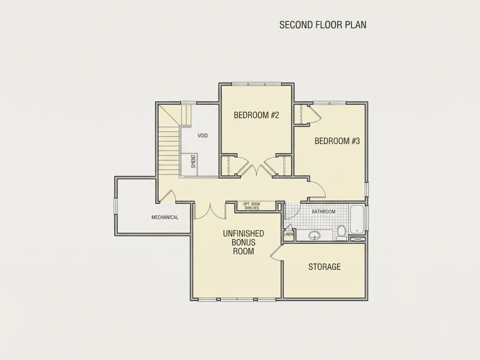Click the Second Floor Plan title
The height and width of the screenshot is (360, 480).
pos(322,25)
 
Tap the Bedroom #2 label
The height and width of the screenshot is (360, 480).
pos(257,115)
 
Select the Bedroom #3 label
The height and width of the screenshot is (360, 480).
pos(337,141)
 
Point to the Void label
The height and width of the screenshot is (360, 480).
pos(202,135)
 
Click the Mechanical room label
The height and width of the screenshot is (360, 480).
pos(165,217)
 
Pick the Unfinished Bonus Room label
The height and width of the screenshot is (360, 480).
pos(243,243)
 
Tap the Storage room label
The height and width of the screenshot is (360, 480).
pos(325,267)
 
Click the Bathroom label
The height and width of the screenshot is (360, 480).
pos(323,212)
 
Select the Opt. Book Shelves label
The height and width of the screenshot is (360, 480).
pos(252,206)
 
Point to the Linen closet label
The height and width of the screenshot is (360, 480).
pos(289,234)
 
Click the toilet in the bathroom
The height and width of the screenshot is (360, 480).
pos(341,233)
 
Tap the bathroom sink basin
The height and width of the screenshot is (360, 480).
pos(315,235)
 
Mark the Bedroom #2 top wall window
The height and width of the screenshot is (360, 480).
pos(256,83)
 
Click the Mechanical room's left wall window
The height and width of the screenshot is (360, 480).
pos(116,206)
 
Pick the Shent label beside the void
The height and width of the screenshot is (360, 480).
pos(193,161)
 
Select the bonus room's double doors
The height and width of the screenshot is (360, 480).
pos(210,211)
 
